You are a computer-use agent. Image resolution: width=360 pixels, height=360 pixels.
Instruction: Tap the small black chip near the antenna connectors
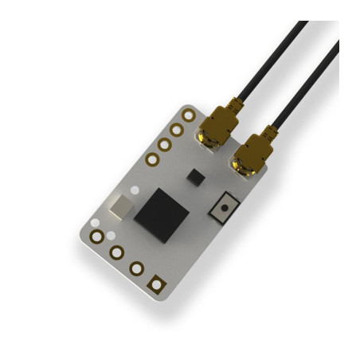[x=193, y=175]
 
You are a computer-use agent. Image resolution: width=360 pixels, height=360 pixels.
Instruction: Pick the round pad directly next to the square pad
[x=137, y=268]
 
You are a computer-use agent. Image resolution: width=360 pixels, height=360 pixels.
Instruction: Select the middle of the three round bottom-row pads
[x=117, y=252]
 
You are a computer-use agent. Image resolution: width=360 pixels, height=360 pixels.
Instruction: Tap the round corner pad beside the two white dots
[x=97, y=237]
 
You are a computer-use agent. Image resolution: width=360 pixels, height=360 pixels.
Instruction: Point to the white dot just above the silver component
[x=135, y=190]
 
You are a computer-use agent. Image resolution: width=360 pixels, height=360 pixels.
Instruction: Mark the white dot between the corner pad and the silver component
[x=96, y=222]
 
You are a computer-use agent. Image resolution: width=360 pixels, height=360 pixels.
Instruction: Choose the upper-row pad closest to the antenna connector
[x=188, y=115]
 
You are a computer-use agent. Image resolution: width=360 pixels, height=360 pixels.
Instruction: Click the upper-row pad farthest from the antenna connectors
[x=152, y=159]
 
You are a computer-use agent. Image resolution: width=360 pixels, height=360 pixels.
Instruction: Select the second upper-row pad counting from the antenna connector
[x=176, y=130]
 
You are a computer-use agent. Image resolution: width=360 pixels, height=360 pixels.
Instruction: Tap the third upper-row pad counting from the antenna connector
[x=164, y=145]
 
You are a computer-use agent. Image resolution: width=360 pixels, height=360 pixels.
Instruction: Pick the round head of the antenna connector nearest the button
[x=242, y=166]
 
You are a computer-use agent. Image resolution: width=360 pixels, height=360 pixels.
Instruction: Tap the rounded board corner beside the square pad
[x=166, y=297]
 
